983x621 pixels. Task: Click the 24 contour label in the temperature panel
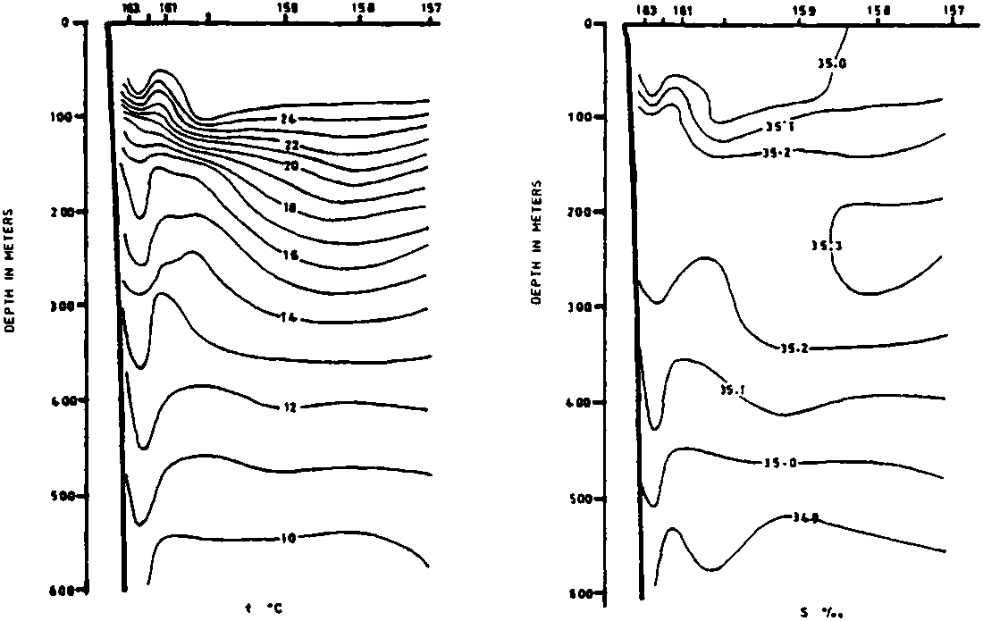click(x=288, y=118)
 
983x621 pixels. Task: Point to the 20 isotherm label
click(x=288, y=165)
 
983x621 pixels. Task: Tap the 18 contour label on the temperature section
click(x=288, y=207)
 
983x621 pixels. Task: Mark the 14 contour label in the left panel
click(x=288, y=317)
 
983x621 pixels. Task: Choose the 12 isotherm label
click(x=288, y=407)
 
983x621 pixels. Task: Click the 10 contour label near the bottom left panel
click(x=288, y=538)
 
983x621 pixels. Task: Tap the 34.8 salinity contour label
click(x=805, y=516)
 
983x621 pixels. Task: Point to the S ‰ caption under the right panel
click(x=817, y=612)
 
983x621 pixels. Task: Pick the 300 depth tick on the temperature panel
click(x=69, y=305)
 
